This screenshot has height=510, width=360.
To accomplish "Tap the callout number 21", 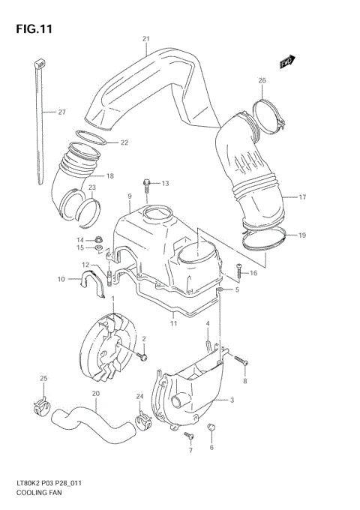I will click(x=146, y=38).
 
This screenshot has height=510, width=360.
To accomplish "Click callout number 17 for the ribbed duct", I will click(x=302, y=197).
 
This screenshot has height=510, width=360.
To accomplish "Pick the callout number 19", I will click(x=302, y=235).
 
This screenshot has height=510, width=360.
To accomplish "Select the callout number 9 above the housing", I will click(x=129, y=196).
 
